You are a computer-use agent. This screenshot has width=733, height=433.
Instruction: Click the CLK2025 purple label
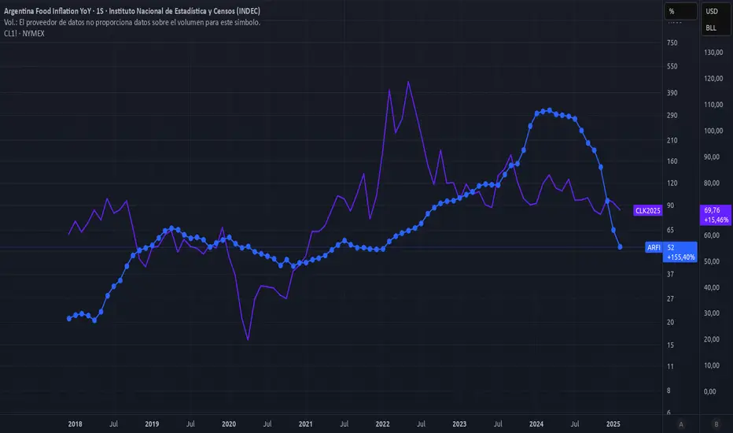[649, 210]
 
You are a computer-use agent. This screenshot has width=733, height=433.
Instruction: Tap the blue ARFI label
[654, 247]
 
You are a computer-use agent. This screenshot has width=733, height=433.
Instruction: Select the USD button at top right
[712, 11]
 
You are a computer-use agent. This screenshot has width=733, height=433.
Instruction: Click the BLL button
[711, 28]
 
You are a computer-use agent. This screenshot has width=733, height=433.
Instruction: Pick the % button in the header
[672, 11]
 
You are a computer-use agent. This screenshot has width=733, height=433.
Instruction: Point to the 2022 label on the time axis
[383, 424]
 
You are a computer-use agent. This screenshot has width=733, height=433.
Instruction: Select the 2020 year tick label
[230, 424]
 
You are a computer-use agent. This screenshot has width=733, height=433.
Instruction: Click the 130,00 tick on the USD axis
[713, 53]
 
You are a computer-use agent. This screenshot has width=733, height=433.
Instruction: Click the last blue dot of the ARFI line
[621, 247]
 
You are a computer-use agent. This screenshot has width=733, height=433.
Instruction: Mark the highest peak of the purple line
[407, 81]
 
